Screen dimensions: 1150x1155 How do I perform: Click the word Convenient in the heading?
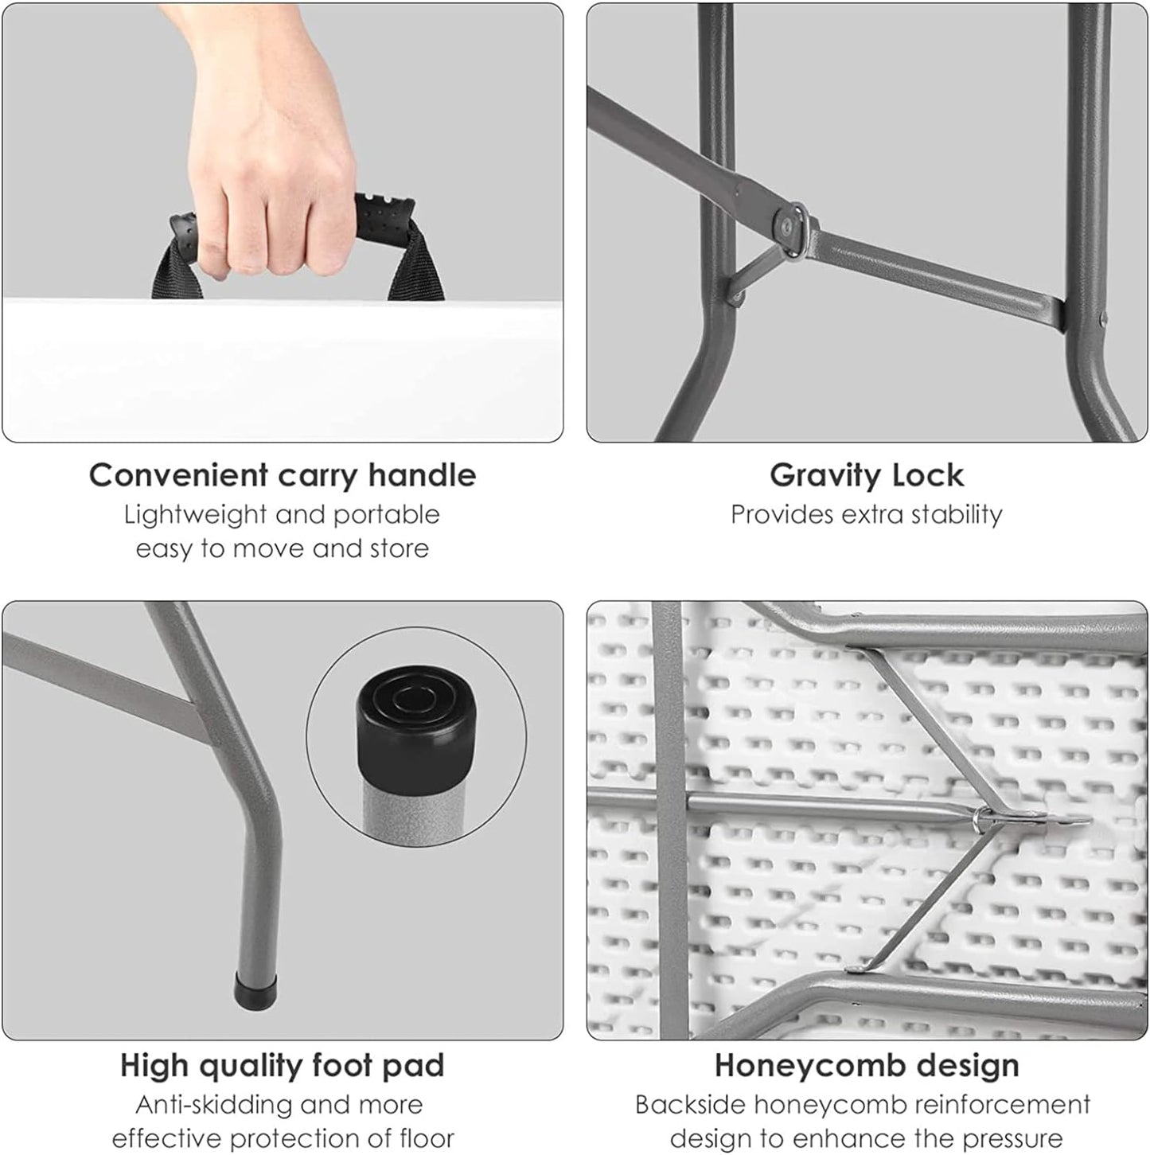click(x=178, y=476)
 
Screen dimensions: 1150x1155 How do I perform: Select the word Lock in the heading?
click(x=928, y=476)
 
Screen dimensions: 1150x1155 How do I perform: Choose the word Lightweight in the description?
click(x=195, y=516)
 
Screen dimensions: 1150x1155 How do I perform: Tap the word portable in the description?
click(x=387, y=516)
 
